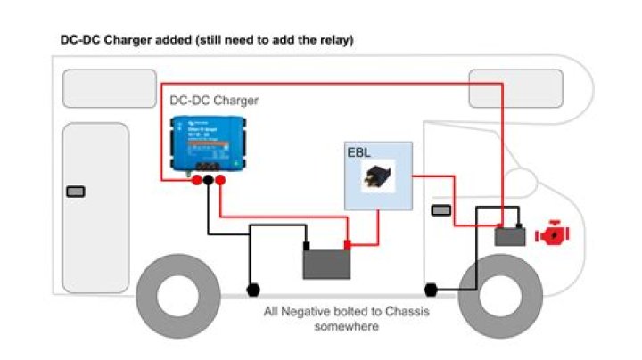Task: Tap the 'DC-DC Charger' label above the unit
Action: pyautogui.click(x=214, y=101)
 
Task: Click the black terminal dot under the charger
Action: pyautogui.click(x=208, y=181)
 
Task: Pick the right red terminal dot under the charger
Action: pyautogui.click(x=220, y=181)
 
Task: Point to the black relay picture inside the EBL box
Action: pyautogui.click(x=378, y=177)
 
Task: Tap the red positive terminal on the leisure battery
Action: pyautogui.click(x=348, y=244)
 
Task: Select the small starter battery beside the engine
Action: pyautogui.click(x=510, y=236)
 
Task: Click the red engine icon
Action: pyautogui.click(x=551, y=235)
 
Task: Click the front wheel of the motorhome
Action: pyautogui.click(x=497, y=301)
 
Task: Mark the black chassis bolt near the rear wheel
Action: pyautogui.click(x=252, y=290)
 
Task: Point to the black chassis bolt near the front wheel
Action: pyautogui.click(x=432, y=290)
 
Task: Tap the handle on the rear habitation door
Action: pyautogui.click(x=77, y=192)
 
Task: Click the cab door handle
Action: pyautogui.click(x=440, y=210)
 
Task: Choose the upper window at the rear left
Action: pyautogui.click(x=98, y=89)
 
